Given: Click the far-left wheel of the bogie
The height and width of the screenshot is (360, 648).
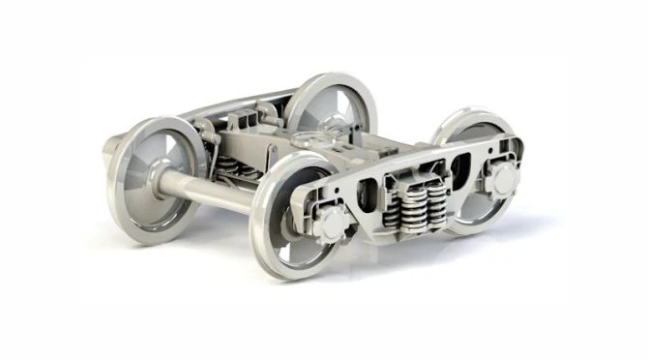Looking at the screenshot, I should point(155,179).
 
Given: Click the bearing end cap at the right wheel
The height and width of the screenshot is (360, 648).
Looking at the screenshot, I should point(501,180).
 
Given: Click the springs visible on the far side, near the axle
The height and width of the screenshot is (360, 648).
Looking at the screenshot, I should point(232,168).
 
